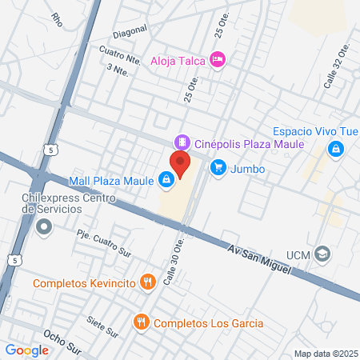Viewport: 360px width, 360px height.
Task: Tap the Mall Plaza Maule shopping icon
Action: point(166,180)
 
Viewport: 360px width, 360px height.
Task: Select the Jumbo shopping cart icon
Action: point(218,168)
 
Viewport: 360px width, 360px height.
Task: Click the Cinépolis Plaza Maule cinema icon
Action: point(182,142)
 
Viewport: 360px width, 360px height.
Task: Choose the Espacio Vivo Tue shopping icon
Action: point(337,148)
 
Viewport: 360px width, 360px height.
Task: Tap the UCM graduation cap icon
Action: point(322,254)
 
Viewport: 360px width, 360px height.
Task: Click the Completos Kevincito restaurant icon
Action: point(147,282)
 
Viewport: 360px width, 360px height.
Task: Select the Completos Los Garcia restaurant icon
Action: point(142,322)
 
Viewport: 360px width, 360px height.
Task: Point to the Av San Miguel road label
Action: point(258,260)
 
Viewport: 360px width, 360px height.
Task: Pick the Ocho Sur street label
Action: point(63,342)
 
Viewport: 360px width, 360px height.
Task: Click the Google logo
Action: point(27,350)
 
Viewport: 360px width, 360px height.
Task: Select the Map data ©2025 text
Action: point(324,354)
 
